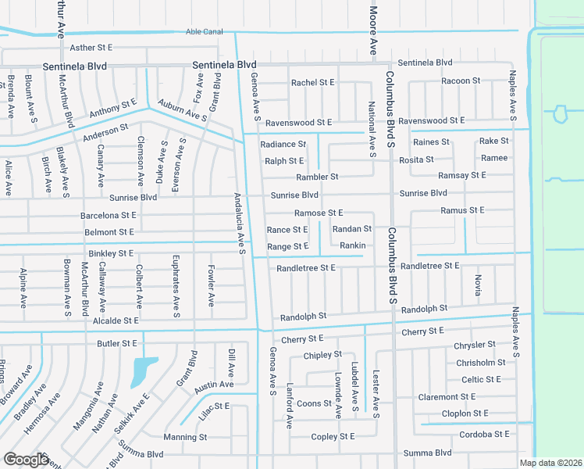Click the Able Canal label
[205, 31]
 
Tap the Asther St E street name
[91, 48]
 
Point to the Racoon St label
[460, 81]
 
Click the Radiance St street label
[283, 144]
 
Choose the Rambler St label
[317, 177]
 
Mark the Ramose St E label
[319, 213]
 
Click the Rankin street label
[353, 245]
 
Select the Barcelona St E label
[109, 214]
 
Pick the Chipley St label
[322, 354]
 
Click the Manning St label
[185, 437]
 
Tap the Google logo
[26, 459]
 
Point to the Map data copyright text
[551, 463]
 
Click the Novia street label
[477, 285]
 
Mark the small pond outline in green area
[560, 115]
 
